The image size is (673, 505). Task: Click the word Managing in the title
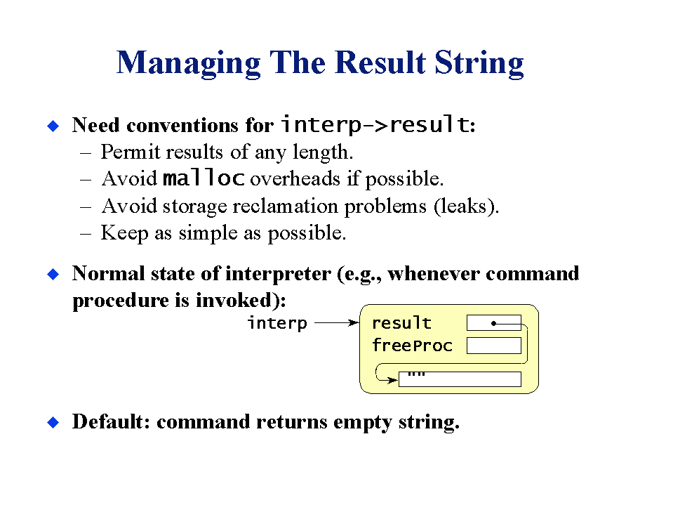click(188, 64)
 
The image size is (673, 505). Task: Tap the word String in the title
click(479, 64)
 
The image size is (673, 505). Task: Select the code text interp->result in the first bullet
click(375, 124)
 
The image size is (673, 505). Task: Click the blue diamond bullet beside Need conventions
click(53, 126)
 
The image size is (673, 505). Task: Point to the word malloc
click(204, 178)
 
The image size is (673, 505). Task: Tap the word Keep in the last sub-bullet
click(124, 233)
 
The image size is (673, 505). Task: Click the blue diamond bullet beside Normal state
click(53, 274)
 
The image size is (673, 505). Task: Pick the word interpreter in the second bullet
click(278, 274)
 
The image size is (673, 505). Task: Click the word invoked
click(233, 300)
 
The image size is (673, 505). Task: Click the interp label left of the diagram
click(278, 323)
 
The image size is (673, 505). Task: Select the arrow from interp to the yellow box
click(337, 322)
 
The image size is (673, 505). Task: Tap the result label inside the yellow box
click(401, 323)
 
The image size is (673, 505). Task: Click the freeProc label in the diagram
click(412, 346)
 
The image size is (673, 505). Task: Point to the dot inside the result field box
click(493, 323)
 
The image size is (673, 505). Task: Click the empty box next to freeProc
click(494, 346)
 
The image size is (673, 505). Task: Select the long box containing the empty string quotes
click(460, 379)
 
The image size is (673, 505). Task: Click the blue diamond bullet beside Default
click(53, 422)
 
